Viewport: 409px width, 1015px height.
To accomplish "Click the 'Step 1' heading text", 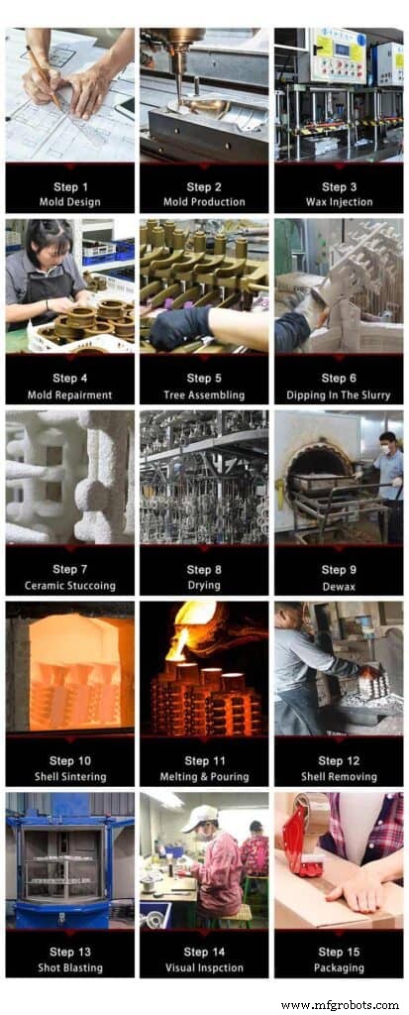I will pyautogui.click(x=69, y=186).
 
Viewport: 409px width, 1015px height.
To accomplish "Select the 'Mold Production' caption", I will pyautogui.click(x=203, y=202).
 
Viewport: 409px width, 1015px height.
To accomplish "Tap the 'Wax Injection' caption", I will pyautogui.click(x=338, y=202).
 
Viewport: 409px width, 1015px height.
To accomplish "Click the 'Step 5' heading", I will pyautogui.click(x=203, y=378).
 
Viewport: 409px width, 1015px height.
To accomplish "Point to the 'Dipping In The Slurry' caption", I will pyautogui.click(x=338, y=394).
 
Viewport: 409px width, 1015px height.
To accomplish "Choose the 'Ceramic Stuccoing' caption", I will pyautogui.click(x=69, y=585).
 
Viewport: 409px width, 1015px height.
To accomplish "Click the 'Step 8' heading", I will pyautogui.click(x=203, y=569).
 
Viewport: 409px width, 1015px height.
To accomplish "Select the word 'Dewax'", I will pyautogui.click(x=338, y=585).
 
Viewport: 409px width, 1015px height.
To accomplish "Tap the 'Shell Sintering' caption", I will pyautogui.click(x=69, y=776).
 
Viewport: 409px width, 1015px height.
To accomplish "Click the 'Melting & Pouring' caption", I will pyautogui.click(x=203, y=776).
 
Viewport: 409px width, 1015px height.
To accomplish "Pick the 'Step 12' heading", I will pyautogui.click(x=338, y=760).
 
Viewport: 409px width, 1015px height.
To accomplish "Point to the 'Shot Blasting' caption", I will pyautogui.click(x=69, y=967).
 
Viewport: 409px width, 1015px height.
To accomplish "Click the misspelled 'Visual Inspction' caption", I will pyautogui.click(x=203, y=967).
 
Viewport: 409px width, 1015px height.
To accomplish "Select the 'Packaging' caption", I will pyautogui.click(x=338, y=967).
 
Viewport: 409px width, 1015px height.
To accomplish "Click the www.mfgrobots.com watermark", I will pyautogui.click(x=346, y=1004).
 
